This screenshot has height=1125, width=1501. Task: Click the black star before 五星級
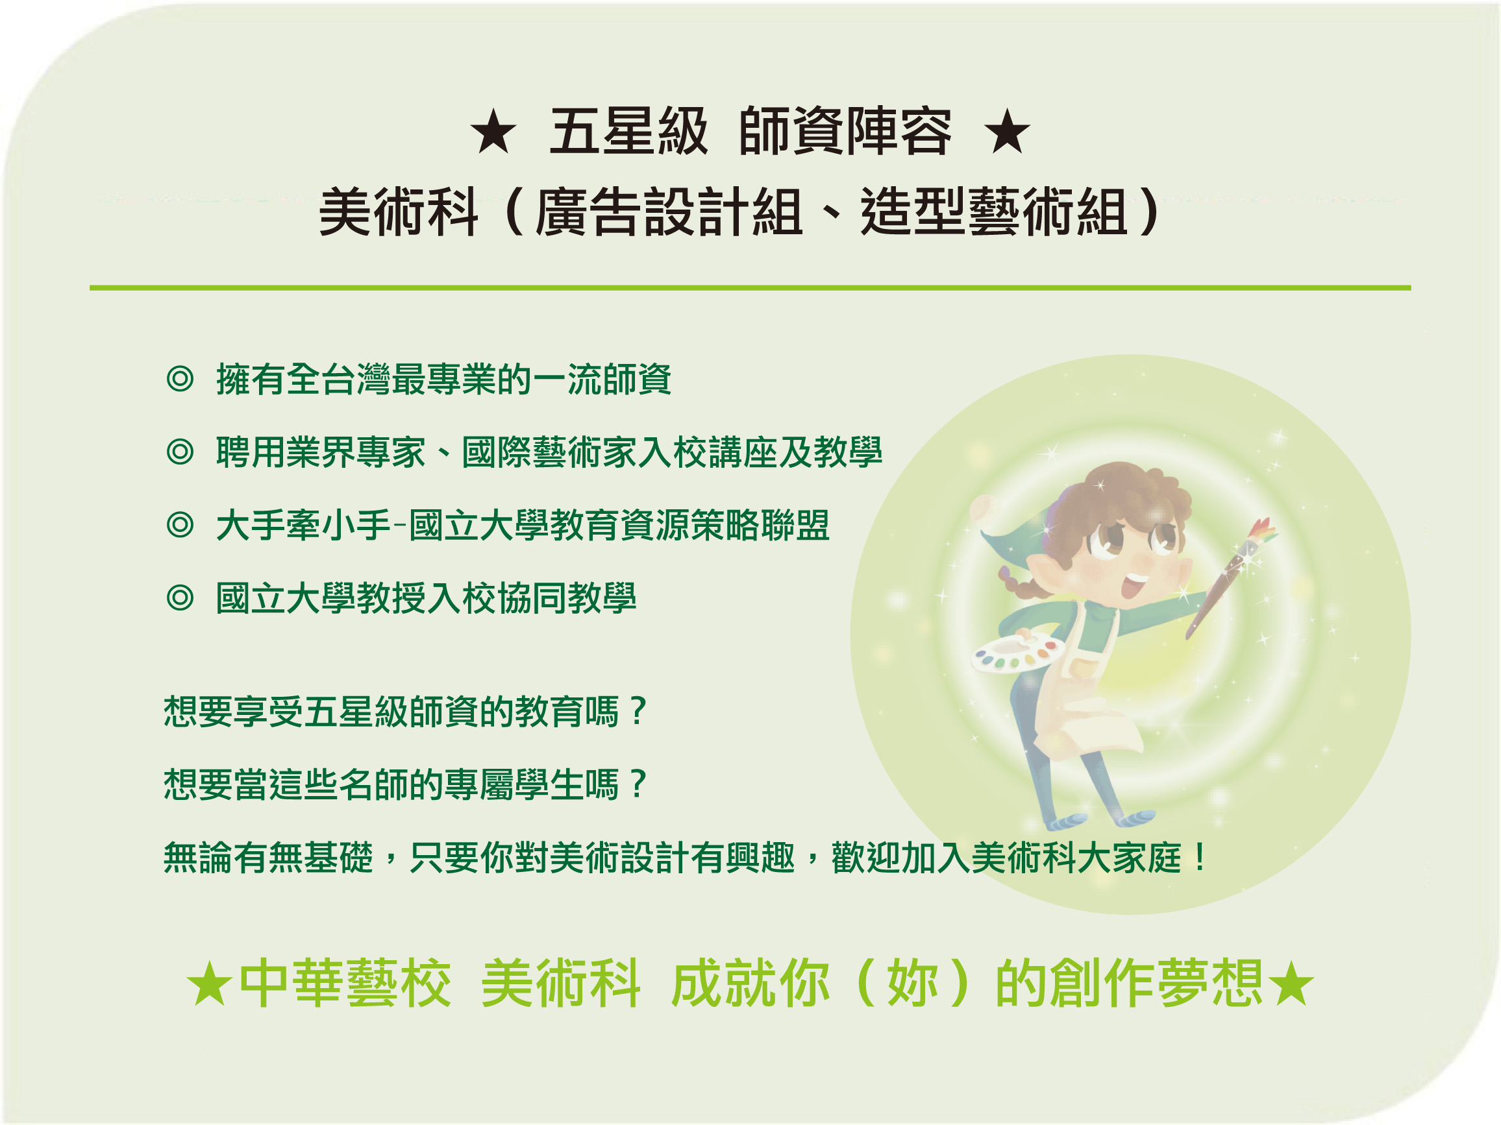[493, 132]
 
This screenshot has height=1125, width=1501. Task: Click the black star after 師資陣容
[1006, 132]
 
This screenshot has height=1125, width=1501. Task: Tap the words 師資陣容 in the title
[845, 132]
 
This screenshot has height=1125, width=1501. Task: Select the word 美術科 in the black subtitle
[399, 212]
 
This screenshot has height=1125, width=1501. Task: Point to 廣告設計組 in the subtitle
[669, 212]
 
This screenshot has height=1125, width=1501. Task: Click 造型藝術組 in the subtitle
[994, 212]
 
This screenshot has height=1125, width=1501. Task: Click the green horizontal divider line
[750, 288]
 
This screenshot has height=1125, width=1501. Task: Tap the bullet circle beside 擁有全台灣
[180, 379]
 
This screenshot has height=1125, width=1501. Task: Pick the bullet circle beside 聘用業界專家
[180, 452]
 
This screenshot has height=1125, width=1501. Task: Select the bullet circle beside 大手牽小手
[180, 526]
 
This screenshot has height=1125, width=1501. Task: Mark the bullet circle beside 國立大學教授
[180, 598]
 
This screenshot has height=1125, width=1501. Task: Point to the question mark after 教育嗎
[637, 710]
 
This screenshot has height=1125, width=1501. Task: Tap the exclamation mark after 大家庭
[1200, 857]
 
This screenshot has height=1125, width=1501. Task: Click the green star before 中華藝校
[209, 985]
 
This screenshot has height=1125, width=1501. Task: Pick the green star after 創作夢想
[1291, 985]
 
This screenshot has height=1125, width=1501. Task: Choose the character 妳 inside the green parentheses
[913, 984]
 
